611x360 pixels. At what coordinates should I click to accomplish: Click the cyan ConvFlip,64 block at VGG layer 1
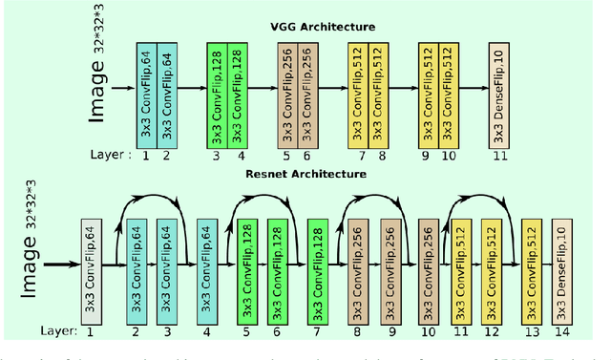pyautogui.click(x=145, y=95)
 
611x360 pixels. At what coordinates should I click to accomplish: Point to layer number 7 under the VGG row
pyautogui.click(x=360, y=156)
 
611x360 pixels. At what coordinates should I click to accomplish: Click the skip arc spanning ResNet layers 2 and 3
pyautogui.click(x=152, y=201)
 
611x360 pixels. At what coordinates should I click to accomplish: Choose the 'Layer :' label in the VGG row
pyautogui.click(x=103, y=155)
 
